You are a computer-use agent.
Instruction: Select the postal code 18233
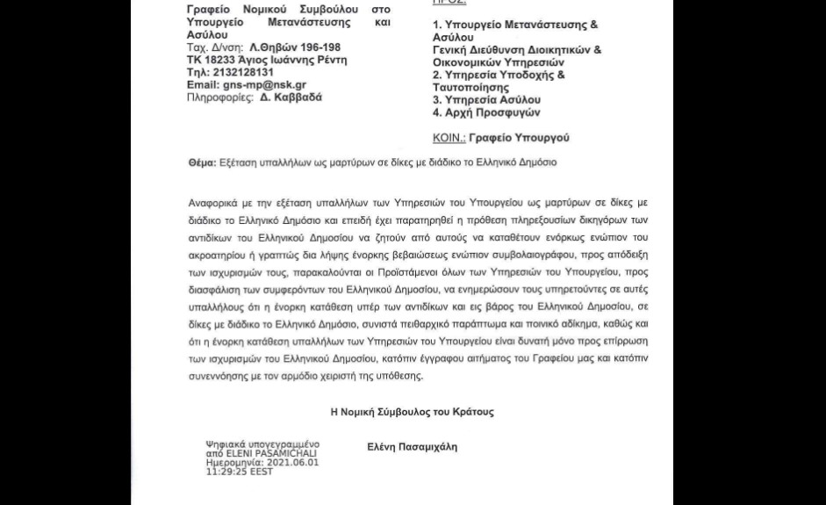(x=223, y=61)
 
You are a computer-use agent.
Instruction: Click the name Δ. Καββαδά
(x=291, y=97)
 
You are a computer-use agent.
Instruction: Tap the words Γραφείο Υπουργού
(x=519, y=139)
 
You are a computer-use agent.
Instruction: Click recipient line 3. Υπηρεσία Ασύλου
(x=486, y=100)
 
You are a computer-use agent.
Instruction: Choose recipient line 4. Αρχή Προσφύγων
(x=486, y=112)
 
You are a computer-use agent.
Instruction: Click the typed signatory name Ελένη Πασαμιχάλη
(x=412, y=447)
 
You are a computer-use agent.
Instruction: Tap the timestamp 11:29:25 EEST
(x=240, y=472)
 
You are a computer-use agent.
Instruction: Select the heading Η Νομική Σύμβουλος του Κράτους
(x=412, y=412)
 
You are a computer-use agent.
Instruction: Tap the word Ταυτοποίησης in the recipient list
(x=470, y=88)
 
